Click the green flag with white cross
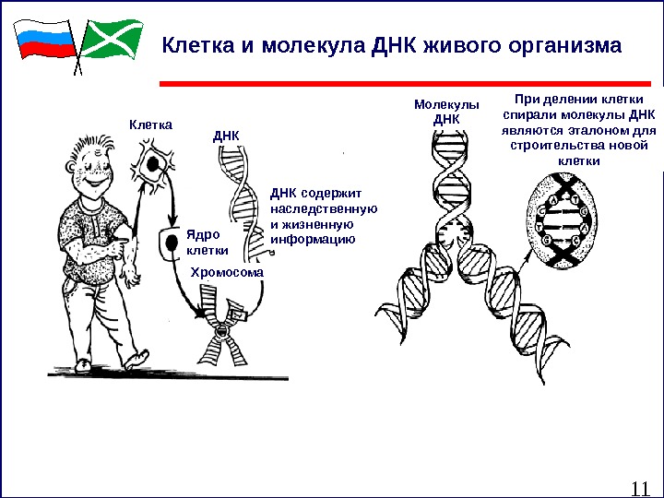(112, 39)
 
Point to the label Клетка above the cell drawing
(150, 123)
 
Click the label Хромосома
(226, 273)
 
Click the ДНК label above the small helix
(226, 136)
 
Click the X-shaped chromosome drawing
(222, 332)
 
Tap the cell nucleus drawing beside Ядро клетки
(169, 244)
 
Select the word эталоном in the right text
(578, 130)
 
